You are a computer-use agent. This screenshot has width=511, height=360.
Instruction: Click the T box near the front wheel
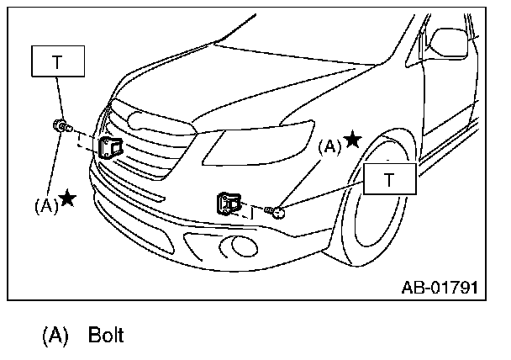coord(389,179)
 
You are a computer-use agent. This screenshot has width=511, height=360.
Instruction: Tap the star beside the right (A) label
coord(352,140)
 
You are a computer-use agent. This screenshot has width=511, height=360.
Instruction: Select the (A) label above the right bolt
coord(329,146)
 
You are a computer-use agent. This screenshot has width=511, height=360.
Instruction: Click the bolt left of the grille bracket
coord(61,127)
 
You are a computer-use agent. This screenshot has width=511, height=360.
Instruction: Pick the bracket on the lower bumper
coord(229,202)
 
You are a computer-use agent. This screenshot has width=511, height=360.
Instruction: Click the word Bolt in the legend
coord(105,336)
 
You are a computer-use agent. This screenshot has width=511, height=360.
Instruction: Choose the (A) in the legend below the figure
coord(54,336)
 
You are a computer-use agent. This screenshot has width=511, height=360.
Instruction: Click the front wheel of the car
coord(382,210)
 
